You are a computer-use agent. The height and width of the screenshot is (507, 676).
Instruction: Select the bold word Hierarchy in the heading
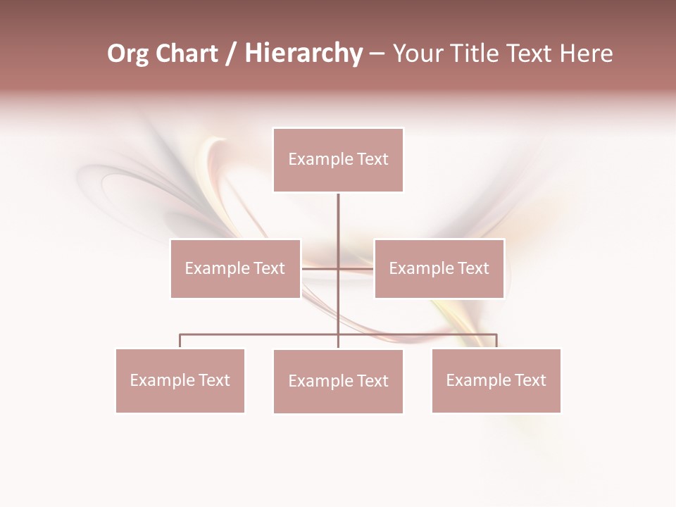[303, 54]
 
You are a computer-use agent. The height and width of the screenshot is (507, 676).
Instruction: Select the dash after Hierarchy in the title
[377, 54]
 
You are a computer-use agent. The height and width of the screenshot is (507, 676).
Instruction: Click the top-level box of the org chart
[338, 160]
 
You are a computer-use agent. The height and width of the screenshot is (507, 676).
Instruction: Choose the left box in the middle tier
[235, 268]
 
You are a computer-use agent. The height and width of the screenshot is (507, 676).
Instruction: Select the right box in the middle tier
[439, 268]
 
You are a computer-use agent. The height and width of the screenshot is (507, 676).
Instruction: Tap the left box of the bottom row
[180, 380]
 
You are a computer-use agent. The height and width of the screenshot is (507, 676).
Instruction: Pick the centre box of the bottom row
[338, 381]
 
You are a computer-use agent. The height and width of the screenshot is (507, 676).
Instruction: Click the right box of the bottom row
[496, 380]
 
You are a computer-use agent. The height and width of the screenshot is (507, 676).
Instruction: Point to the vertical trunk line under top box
[338, 218]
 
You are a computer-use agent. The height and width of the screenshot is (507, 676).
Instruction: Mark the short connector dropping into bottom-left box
[180, 341]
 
